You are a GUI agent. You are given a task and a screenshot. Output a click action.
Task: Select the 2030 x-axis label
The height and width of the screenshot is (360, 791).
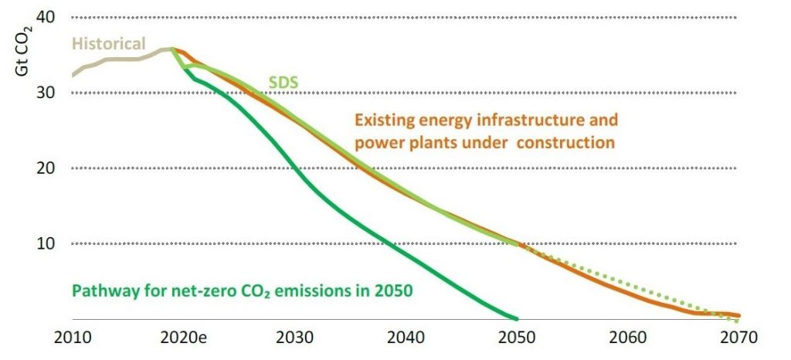click(294, 338)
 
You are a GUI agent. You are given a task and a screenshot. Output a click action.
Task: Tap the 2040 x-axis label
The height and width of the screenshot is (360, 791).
click(406, 338)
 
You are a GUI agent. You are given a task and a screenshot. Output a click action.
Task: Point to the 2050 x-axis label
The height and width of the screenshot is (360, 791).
click(517, 338)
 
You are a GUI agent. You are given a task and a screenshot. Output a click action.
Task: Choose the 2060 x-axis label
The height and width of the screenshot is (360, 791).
click(627, 338)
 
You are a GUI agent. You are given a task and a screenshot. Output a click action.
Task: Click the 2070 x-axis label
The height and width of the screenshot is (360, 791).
click(739, 338)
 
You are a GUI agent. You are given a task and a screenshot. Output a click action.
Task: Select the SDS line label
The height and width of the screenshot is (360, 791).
click(283, 81)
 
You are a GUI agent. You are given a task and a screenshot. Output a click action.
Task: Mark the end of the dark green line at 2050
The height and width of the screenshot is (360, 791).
click(516, 318)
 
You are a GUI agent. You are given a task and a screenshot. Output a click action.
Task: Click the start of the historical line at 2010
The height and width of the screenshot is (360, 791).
click(72, 75)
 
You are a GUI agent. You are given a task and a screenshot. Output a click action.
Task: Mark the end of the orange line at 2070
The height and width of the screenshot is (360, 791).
click(739, 316)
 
